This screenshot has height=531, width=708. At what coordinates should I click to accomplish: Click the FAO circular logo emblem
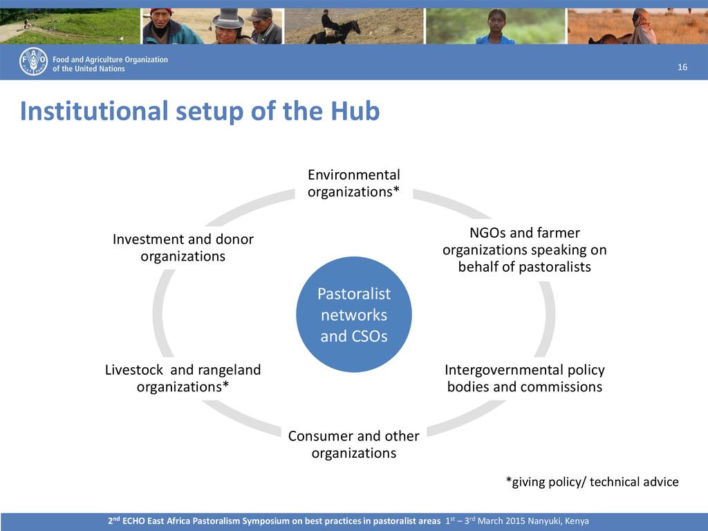[x=33, y=62]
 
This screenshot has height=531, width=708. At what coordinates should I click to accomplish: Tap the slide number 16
[x=682, y=67]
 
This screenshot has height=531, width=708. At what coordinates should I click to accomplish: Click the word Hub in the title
[x=355, y=111]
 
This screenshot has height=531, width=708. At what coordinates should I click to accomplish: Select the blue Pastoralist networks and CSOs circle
[x=354, y=315]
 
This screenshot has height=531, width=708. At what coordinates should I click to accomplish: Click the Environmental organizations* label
[x=354, y=183]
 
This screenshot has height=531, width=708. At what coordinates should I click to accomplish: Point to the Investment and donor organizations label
[x=183, y=248]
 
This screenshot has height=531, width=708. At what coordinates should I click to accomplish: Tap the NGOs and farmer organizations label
[x=525, y=250]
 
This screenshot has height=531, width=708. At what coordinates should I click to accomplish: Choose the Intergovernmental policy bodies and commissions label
[x=525, y=378]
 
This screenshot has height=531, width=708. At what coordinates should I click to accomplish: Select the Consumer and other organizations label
[x=354, y=445]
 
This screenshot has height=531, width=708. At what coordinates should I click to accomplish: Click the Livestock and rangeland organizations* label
[x=183, y=378]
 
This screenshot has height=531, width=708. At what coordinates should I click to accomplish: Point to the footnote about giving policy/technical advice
[x=592, y=482]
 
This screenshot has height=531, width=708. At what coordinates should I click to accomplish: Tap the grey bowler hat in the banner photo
[x=228, y=19]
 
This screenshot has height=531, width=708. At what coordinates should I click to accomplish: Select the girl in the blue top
[x=495, y=27]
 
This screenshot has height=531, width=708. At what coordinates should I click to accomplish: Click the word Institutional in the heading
[x=94, y=111]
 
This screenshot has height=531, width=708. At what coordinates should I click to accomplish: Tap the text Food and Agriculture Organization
[x=110, y=59]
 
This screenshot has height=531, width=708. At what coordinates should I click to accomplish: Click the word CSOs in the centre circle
[x=369, y=336]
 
